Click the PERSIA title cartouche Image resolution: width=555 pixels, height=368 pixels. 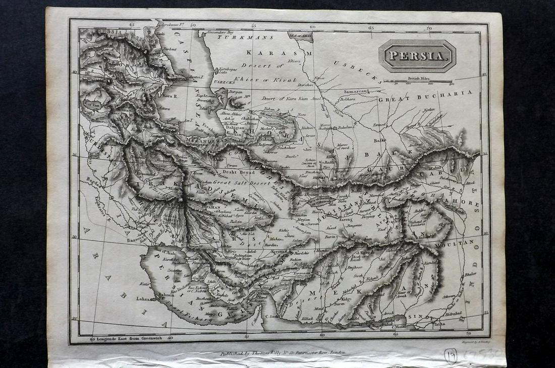tap(417, 56)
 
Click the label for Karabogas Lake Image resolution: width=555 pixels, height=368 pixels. tap(221, 69)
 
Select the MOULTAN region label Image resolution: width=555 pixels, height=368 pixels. tap(458, 243)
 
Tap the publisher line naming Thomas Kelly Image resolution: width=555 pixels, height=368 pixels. tap(283, 353)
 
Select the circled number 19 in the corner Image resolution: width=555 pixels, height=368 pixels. tap(451, 356)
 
